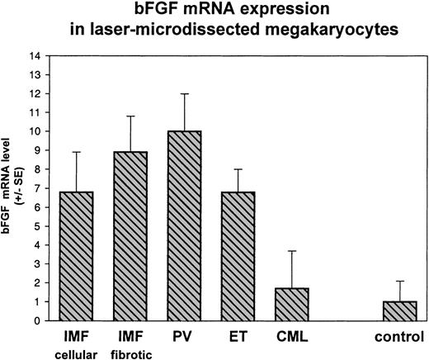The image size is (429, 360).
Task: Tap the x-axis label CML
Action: (290, 337)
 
